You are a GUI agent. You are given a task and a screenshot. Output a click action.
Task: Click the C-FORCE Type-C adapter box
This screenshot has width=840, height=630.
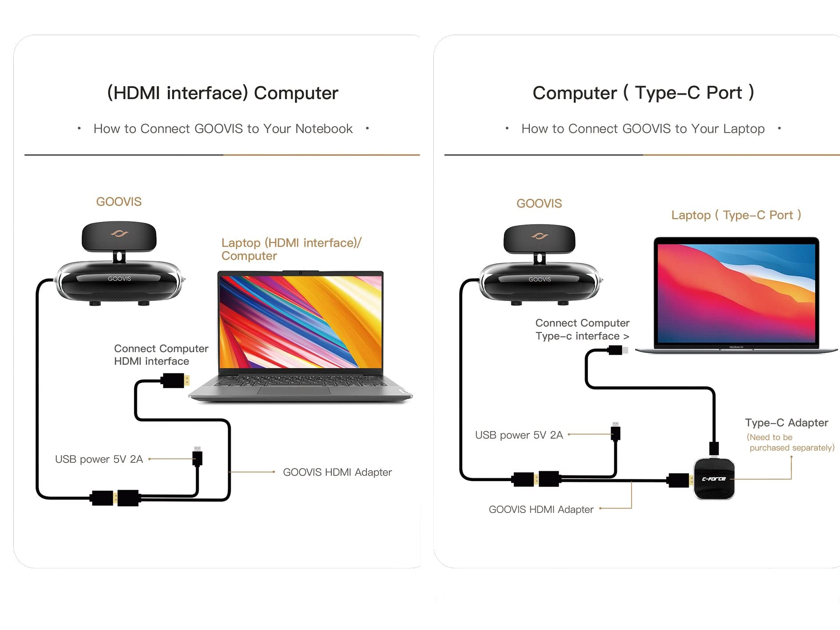714,479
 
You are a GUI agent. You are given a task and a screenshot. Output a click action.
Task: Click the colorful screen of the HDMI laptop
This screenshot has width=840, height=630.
300,321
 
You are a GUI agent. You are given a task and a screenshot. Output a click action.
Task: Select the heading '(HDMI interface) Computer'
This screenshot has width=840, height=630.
223,93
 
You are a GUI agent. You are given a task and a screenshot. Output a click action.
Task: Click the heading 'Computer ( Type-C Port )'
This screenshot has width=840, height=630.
643,93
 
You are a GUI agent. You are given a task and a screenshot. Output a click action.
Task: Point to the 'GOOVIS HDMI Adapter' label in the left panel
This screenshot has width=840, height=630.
337,472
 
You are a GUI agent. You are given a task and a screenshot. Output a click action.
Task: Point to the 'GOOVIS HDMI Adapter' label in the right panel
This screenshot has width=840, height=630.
541,510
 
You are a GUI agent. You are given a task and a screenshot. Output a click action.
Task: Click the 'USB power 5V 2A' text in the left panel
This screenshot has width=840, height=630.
99,459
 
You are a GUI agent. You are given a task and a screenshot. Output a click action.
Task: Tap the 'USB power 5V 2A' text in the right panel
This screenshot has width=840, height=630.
519,435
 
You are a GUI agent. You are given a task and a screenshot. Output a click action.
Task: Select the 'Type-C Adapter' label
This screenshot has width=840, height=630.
786,423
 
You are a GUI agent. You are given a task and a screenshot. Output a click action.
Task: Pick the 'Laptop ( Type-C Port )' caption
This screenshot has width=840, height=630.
736,215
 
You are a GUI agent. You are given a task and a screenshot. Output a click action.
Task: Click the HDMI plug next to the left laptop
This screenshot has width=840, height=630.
175,381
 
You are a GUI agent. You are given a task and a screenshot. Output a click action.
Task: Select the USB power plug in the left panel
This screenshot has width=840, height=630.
197,457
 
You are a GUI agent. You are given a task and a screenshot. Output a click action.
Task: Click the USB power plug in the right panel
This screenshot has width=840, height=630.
616,432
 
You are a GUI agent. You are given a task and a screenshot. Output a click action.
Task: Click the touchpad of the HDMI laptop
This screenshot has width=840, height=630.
294,390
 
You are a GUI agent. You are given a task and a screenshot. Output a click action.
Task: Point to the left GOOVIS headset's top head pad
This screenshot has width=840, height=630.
119,236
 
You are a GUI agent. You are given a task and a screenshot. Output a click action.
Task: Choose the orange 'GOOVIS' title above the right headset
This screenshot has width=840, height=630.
539,204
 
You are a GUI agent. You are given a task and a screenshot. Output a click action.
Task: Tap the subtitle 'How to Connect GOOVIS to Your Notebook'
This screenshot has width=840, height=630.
223,129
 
